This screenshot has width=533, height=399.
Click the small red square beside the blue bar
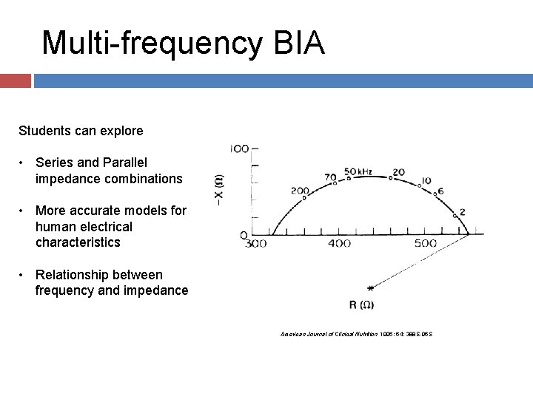pyautogui.click(x=15, y=81)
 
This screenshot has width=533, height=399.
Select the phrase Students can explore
pyautogui.click(x=81, y=131)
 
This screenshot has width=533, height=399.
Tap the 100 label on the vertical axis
pyautogui.click(x=239, y=149)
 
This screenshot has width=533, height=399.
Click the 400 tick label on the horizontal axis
pyautogui.click(x=339, y=244)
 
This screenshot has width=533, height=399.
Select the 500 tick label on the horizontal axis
pyautogui.click(x=425, y=244)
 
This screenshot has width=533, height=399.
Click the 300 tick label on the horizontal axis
pyautogui.click(x=255, y=244)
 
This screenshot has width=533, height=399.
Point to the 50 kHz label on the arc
pyautogui.click(x=358, y=172)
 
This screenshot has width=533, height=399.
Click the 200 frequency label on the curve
pyautogui.click(x=300, y=191)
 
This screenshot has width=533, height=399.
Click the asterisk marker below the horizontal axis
pyautogui.click(x=369, y=287)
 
